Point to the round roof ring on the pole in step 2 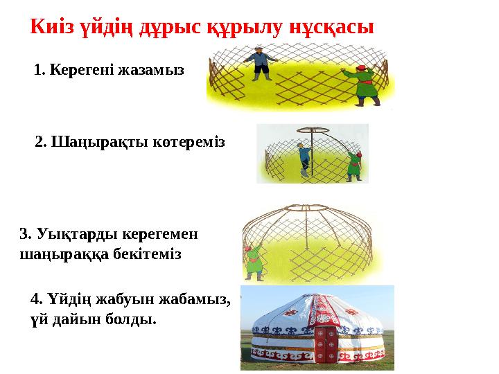[x=310, y=131]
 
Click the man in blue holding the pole [x=304, y=161]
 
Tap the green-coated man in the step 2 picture [x=355, y=165]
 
